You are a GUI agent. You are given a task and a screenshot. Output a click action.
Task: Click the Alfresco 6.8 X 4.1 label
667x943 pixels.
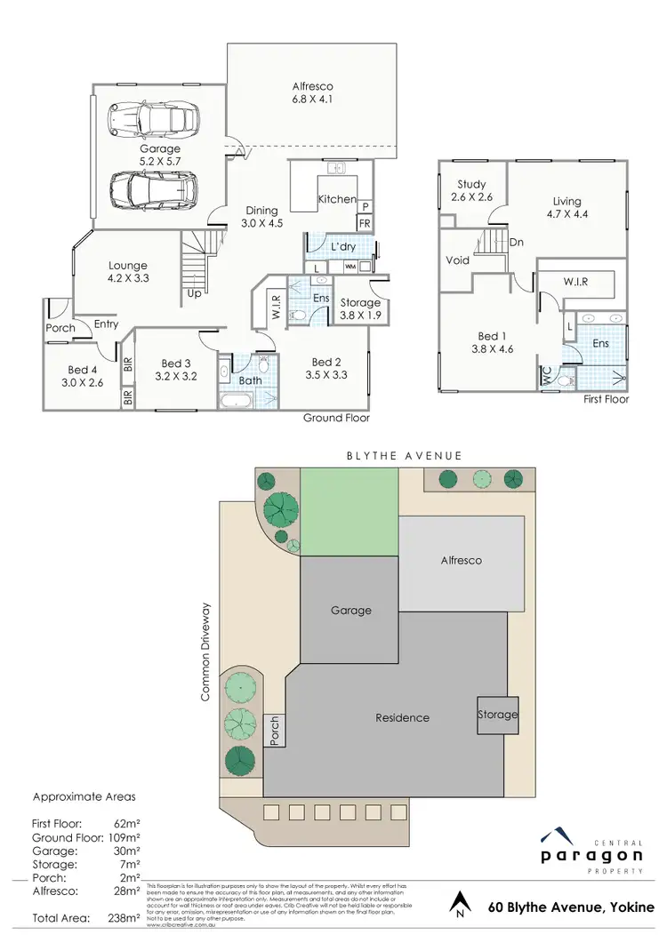(312, 93)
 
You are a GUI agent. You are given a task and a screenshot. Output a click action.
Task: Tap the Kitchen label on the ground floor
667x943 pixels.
(337, 199)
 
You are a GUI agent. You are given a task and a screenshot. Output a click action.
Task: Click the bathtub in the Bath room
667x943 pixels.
(237, 401)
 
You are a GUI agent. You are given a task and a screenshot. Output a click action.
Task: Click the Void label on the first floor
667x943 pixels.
(457, 261)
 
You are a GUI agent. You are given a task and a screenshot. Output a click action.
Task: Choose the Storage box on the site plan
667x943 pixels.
(497, 715)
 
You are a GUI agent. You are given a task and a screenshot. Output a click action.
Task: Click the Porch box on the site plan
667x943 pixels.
(275, 730)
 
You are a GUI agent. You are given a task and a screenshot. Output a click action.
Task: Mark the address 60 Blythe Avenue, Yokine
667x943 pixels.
(571, 907)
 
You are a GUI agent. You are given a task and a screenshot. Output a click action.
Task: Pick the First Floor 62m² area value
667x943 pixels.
(128, 824)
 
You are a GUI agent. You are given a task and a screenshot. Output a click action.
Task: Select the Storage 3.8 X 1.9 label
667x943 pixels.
(360, 308)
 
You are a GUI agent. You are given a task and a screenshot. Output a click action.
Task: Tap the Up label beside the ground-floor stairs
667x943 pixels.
(193, 292)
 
